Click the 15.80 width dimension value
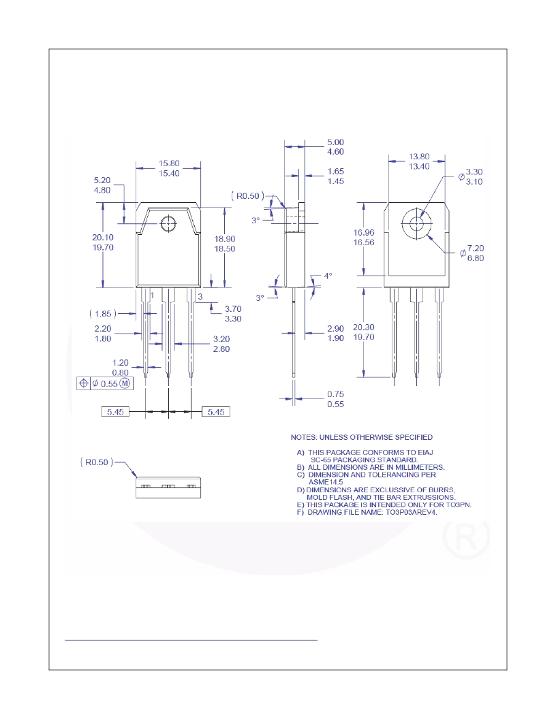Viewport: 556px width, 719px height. click(169, 163)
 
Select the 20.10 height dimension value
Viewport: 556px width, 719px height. click(103, 238)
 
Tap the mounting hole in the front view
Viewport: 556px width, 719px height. click(168, 224)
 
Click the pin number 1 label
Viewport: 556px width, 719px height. click(153, 296)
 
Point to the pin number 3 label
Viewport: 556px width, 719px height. click(200, 297)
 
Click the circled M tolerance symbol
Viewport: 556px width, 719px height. click(125, 383)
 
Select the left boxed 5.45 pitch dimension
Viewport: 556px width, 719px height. click(115, 412)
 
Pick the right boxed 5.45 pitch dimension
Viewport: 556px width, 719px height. click(216, 412)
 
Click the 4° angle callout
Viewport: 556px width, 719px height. click(328, 276)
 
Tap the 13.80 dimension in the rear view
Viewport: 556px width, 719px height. click(419, 157)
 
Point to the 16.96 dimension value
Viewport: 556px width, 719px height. click(364, 233)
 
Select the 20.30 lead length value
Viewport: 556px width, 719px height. click(364, 327)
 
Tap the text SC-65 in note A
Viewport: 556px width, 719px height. click(321, 460)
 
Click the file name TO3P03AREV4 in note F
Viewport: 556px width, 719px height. click(411, 512)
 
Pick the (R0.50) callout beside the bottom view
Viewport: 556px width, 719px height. click(97, 462)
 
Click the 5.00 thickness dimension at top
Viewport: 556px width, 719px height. click(335, 142)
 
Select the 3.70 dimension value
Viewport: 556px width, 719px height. click(233, 309)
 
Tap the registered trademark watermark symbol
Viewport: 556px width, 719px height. click(465, 537)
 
